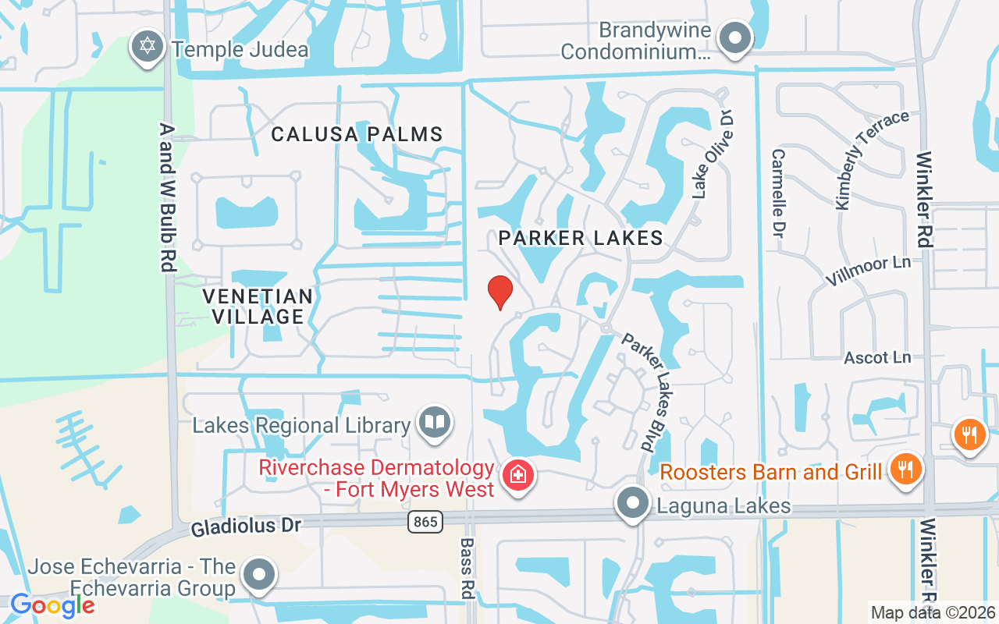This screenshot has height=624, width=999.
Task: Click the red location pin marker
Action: tap(499, 292)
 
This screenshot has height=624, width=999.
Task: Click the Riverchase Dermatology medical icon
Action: tap(517, 473)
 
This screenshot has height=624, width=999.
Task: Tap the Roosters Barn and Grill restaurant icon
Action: tap(905, 469)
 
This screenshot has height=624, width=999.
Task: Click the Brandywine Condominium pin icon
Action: tap(734, 38)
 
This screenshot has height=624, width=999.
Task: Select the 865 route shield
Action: tap(424, 521)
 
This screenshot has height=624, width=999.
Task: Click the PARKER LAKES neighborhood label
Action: tap(581, 238)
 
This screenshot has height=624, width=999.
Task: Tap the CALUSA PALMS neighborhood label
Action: tap(357, 134)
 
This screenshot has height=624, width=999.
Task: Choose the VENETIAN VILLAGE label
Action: tap(258, 307)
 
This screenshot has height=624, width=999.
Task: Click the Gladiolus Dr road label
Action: tap(246, 526)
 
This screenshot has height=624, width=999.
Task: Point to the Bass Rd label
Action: tap(467, 568)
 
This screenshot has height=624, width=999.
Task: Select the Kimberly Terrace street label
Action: tap(872, 159)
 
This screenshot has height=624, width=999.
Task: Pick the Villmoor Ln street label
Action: tap(869, 270)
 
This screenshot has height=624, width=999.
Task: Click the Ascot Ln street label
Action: tap(877, 358)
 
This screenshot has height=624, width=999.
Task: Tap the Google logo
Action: tap(52, 605)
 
